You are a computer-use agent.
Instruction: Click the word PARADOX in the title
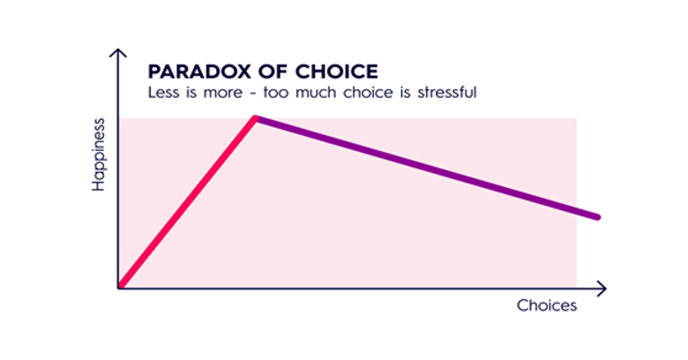[x=199, y=71]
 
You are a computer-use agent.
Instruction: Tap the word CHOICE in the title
[x=337, y=71]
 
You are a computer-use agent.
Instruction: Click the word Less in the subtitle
[x=164, y=93]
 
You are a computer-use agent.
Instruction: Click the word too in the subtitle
[x=275, y=93]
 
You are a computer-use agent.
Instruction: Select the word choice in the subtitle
[x=368, y=93]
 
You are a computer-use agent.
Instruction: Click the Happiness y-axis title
[x=99, y=154]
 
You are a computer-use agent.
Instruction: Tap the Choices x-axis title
[x=547, y=305]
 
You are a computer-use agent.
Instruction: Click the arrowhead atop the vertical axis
[x=117, y=53]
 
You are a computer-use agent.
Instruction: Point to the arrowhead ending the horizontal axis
[x=602, y=289]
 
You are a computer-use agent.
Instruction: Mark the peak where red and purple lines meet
[x=256, y=118]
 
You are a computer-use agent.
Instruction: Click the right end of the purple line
[x=598, y=217]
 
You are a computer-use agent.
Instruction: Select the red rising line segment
[x=187, y=202]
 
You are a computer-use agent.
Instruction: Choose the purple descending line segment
[x=427, y=168]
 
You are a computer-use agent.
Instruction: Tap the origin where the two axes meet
[x=118, y=289]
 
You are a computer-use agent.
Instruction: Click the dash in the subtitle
[x=253, y=94]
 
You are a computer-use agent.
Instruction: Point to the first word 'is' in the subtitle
[x=191, y=93]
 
